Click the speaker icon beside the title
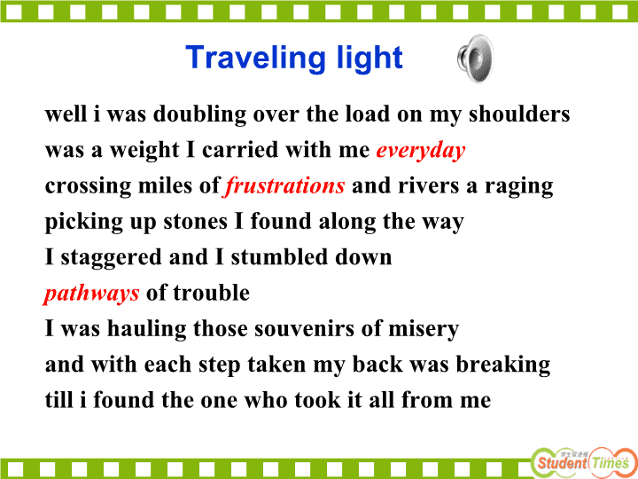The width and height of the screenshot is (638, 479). pyautogui.click(x=475, y=59)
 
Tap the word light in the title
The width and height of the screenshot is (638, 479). pyautogui.click(x=370, y=59)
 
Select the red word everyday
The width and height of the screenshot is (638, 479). pyautogui.click(x=421, y=151)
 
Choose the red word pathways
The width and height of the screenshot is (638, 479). pyautogui.click(x=91, y=294)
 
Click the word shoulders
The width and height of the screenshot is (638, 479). pyautogui.click(x=519, y=114)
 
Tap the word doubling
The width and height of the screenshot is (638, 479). pyautogui.click(x=199, y=114)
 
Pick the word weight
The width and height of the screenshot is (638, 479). pyautogui.click(x=144, y=151)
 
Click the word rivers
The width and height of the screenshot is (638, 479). pyautogui.click(x=429, y=186)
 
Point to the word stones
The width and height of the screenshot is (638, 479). pyautogui.click(x=195, y=223)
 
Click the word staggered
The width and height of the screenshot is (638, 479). pyautogui.click(x=111, y=258)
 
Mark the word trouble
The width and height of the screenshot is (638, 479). pyautogui.click(x=212, y=294)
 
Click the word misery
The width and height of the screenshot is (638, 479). pyautogui.click(x=424, y=329)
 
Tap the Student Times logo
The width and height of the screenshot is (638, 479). pyautogui.click(x=583, y=463)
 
